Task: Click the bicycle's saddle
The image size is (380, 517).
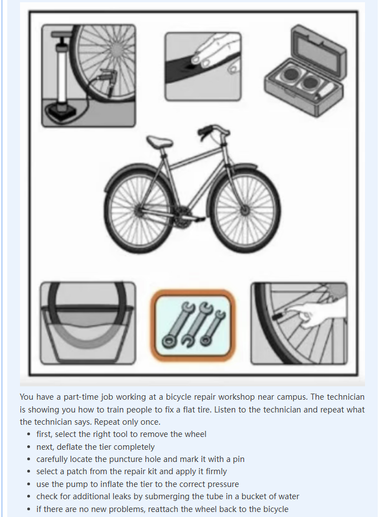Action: point(159,142)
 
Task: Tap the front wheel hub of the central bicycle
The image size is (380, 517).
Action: point(244,210)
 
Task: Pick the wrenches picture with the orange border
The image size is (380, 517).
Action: point(193,325)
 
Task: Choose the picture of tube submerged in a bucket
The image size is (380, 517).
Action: point(88,323)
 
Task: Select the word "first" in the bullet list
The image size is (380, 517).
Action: point(43,434)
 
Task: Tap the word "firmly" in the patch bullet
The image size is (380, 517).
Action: point(216,471)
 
